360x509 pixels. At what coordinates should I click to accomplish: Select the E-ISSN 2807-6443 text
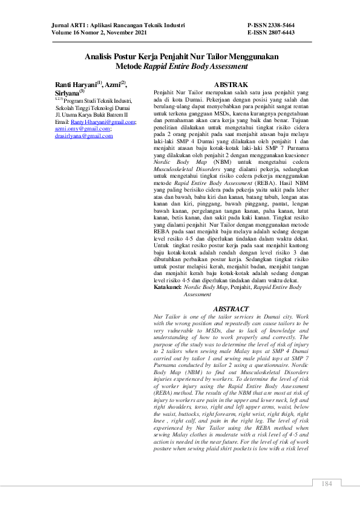point(271,33)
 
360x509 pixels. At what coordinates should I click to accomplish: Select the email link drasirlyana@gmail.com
point(83,136)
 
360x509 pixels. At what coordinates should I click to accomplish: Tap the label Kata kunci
point(167,287)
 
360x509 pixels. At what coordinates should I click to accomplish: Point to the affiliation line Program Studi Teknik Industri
point(97,100)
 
